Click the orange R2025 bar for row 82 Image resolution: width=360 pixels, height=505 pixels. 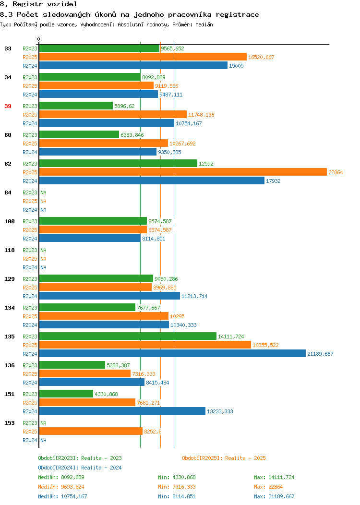[x=183, y=172]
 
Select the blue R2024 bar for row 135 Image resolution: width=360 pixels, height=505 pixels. [x=172, y=354]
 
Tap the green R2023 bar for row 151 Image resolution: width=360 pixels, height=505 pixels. [x=66, y=394]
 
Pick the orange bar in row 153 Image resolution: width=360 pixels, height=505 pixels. [x=91, y=431]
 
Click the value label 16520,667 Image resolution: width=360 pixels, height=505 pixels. [x=261, y=57]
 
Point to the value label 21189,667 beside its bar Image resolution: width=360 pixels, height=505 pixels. [x=320, y=354]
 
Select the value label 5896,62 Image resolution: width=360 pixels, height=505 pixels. [x=124, y=106]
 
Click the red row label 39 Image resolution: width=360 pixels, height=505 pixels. [x=8, y=106]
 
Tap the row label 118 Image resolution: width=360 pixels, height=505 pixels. [x=10, y=250]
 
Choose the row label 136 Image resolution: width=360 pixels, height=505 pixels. [x=10, y=365]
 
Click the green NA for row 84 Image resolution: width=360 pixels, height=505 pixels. [x=44, y=192]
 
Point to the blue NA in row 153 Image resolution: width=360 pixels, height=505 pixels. [x=44, y=440]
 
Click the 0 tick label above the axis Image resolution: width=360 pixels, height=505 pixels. [x=39, y=39]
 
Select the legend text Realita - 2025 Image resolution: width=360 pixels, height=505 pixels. [x=245, y=458]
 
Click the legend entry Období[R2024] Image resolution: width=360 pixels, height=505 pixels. [x=58, y=468]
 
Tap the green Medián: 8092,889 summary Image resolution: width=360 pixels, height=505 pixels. [x=61, y=477]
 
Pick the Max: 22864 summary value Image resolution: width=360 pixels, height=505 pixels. [x=268, y=487]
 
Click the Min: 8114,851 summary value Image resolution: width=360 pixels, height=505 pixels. [x=177, y=497]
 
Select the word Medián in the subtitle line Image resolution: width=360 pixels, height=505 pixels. [x=204, y=24]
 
